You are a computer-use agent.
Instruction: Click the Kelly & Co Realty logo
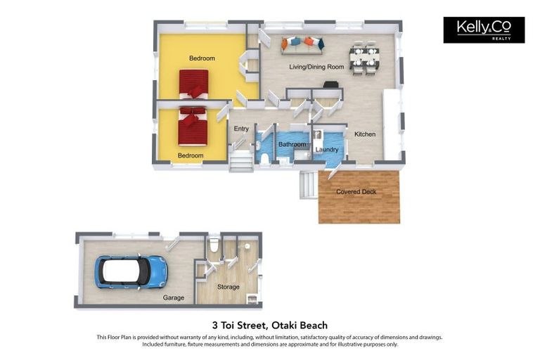tap(484, 30)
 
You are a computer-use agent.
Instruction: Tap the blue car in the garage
tap(131, 271)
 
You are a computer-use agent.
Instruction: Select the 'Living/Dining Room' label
tap(316, 67)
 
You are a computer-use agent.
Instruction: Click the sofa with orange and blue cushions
tap(302, 44)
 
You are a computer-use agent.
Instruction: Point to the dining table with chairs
tap(364, 57)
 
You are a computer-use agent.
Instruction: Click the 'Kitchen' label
tap(364, 134)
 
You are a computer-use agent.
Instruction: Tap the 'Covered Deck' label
tap(356, 192)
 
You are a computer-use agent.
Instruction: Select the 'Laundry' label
tap(327, 150)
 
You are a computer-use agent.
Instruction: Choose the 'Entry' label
tap(241, 129)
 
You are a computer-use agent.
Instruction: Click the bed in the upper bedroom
tap(193, 83)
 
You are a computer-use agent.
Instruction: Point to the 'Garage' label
tap(174, 297)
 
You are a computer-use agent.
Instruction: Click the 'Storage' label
tap(228, 287)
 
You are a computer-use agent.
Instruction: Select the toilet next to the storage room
tap(214, 246)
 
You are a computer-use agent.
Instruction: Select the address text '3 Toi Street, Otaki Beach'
tap(269, 326)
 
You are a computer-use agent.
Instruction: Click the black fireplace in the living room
tap(330, 84)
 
